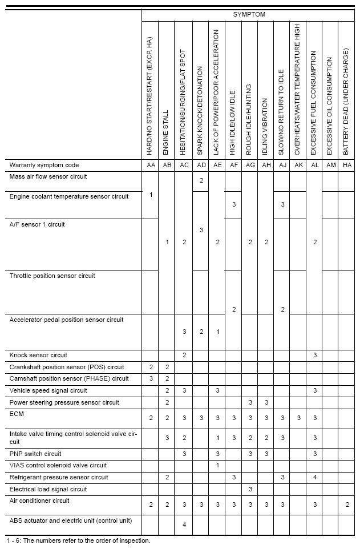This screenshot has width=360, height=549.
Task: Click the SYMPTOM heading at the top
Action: [249, 14]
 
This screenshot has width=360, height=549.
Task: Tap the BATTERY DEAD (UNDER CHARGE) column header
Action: [346, 103]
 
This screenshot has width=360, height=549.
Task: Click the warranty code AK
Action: [298, 165]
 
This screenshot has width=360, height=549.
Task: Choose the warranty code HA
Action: [346, 165]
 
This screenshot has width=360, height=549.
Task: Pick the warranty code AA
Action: [151, 165]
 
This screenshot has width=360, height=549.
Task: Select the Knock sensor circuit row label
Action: [38, 355]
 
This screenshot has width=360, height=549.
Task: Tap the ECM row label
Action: [16, 414]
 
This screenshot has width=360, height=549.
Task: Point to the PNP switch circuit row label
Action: [35, 454]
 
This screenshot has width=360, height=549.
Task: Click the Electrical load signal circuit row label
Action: [48, 489]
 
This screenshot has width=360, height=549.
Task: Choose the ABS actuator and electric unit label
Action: [71, 520]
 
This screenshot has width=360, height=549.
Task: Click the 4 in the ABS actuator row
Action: [184, 524]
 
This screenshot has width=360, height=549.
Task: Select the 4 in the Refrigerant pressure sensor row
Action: [314, 477]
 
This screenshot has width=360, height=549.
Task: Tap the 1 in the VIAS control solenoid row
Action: [217, 465]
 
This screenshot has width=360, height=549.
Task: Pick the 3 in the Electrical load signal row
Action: [250, 489]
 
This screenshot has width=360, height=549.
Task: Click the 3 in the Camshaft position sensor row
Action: [151, 378]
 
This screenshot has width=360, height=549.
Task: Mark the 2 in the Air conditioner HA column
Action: [346, 504]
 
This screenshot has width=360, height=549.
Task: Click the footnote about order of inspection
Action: [78, 540]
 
